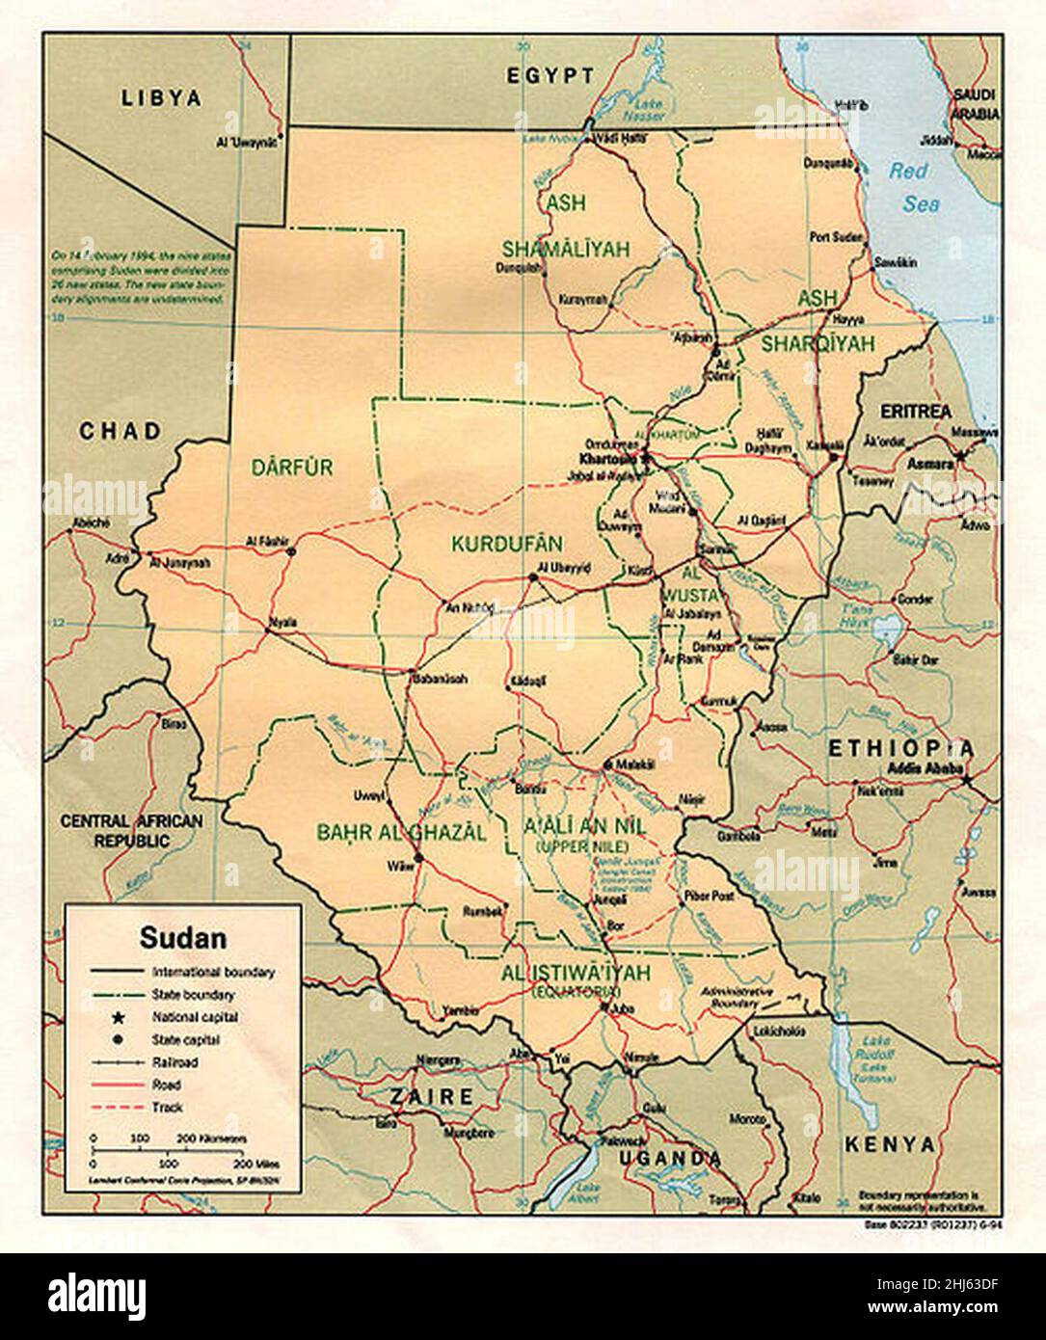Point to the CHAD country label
click(x=120, y=431)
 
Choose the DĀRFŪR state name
click(x=291, y=469)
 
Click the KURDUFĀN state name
click(x=506, y=544)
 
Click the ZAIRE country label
click(x=431, y=1097)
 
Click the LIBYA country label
click(x=161, y=97)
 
